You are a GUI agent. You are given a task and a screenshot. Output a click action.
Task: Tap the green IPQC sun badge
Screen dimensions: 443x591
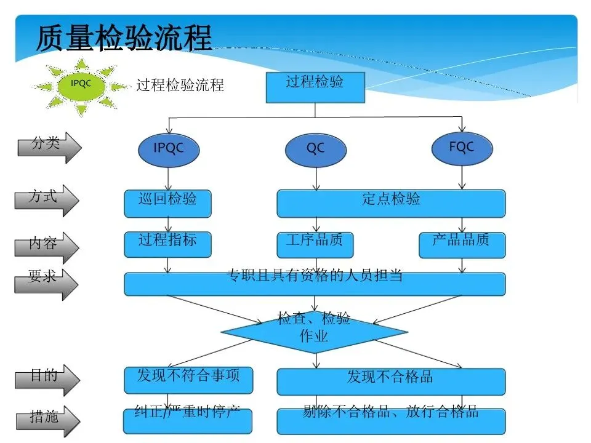[81, 85]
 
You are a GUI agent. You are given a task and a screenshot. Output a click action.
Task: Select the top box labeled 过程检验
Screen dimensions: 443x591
[315, 87]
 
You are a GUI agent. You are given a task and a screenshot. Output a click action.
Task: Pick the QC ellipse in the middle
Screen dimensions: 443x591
[315, 149]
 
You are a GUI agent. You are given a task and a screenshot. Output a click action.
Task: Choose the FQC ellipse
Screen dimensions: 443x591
[462, 148]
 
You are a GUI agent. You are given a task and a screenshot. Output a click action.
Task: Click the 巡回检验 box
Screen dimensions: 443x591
[167, 203]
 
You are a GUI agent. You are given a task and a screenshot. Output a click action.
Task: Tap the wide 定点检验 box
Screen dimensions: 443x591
[391, 203]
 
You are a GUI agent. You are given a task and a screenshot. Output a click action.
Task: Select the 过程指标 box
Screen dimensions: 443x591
[167, 244]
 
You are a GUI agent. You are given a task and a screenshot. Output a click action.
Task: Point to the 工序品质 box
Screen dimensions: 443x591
[315, 244]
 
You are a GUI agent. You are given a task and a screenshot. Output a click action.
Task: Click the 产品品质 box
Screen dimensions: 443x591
[462, 244]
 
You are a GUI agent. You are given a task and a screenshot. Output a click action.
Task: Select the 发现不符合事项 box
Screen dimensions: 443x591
[188, 379]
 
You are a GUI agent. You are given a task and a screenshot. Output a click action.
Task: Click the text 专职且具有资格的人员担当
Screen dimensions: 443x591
[315, 277]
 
